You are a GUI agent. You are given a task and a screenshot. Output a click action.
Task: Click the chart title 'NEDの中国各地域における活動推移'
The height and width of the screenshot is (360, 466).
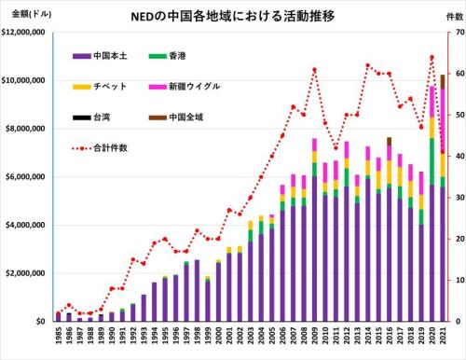tap(233, 16)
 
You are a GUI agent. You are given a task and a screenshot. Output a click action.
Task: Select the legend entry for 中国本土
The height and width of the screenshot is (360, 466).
tap(100, 56)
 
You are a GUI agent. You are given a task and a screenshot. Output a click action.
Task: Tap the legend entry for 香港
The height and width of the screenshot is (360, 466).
tap(168, 56)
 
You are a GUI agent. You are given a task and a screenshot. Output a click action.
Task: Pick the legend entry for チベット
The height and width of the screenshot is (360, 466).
tap(100, 87)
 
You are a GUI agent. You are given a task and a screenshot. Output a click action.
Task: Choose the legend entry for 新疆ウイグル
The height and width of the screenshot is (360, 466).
tap(185, 87)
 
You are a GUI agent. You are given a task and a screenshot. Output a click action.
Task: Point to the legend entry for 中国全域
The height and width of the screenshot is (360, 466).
tap(176, 118)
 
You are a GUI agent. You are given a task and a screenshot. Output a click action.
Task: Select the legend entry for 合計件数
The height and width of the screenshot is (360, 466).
tap(100, 148)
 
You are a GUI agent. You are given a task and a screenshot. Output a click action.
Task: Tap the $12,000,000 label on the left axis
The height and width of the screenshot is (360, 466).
tap(23, 32)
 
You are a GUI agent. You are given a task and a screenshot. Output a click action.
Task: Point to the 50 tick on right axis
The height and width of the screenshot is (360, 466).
tap(460, 115)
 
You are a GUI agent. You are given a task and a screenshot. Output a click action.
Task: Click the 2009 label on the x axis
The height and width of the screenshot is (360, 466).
tap(314, 336)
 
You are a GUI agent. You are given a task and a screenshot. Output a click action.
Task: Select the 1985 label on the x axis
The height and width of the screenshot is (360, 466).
tap(59, 336)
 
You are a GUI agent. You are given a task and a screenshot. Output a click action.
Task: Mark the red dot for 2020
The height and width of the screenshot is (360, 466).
tap(432, 57)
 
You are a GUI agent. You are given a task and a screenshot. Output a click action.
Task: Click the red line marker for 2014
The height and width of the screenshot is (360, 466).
tap(368, 65)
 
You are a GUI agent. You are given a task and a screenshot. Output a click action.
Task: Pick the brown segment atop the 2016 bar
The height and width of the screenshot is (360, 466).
tap(390, 142)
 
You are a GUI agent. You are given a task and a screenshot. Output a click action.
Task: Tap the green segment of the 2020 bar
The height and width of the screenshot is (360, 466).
tap(432, 161)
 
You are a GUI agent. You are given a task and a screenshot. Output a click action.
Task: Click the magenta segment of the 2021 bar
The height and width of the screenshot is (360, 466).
tap(443, 119)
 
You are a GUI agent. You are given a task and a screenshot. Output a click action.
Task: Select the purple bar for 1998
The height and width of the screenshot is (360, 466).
tap(197, 291)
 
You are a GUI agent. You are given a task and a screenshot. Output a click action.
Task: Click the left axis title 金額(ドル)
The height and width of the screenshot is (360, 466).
tap(32, 14)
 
